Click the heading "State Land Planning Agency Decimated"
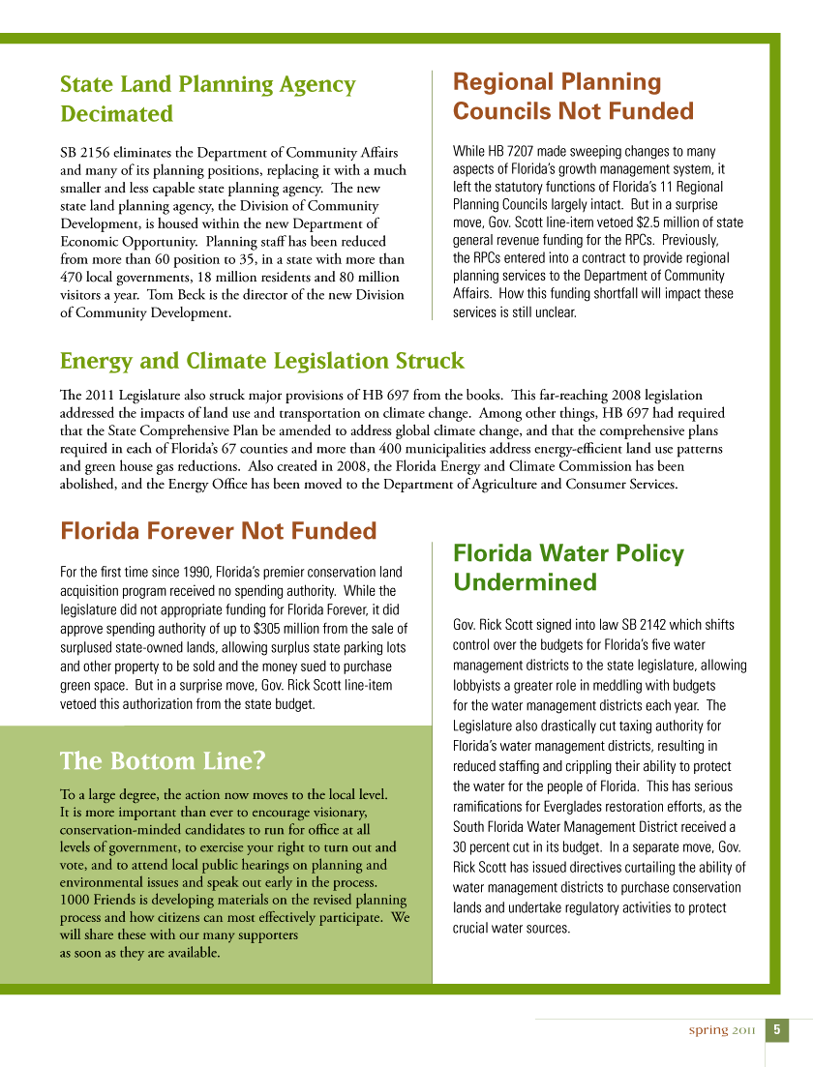207,99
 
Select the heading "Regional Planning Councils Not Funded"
573,97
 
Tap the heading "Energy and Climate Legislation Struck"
261,361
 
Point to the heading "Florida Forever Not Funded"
218,531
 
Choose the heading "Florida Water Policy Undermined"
568,568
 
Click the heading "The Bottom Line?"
163,760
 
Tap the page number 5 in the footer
777,1029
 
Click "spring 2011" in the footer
721,1029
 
